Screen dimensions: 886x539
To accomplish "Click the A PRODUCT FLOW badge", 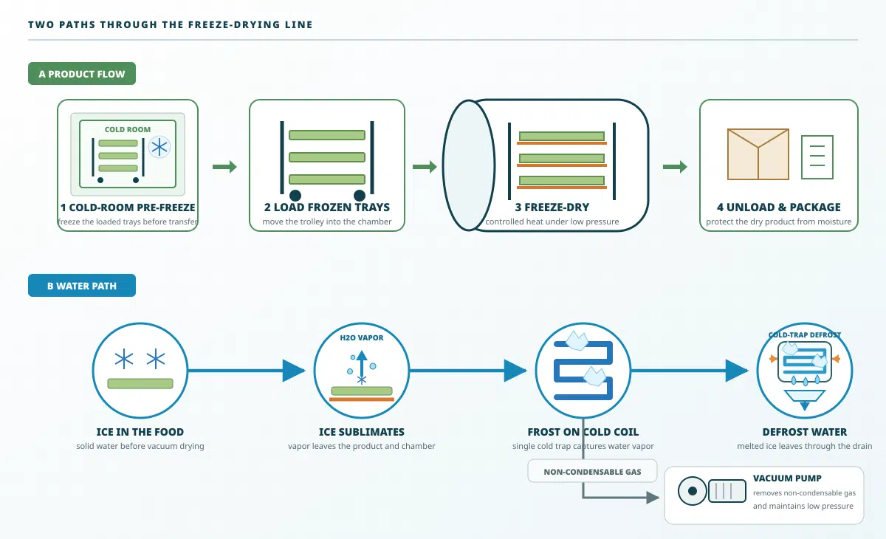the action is tap(82, 74).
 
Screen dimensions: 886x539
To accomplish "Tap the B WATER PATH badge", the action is tap(82, 286).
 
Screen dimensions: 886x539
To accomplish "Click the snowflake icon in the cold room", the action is tap(159, 148).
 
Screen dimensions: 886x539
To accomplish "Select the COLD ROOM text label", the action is tap(127, 129).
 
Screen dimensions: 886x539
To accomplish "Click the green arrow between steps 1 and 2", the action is tap(224, 166).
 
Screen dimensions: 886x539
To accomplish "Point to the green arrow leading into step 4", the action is tap(675, 166).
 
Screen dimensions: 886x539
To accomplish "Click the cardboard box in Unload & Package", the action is tap(758, 154).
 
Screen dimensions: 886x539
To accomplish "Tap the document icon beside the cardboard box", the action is tap(817, 157).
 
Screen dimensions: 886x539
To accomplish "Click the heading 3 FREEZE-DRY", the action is tap(552, 207).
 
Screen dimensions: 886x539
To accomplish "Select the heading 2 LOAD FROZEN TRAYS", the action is tap(326, 207).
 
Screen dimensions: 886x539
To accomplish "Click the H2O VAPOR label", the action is tap(362, 337).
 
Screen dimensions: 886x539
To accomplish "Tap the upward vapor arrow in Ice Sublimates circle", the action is tap(362, 364).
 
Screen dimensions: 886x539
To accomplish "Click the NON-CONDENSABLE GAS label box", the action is tap(592, 471).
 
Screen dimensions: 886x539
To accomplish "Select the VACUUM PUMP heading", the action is tap(787, 478).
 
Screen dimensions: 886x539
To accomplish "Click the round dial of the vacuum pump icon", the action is tap(693, 491).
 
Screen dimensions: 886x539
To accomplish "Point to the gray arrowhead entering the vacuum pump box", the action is tap(653, 497).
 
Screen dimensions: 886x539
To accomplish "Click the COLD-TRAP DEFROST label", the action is tap(805, 335).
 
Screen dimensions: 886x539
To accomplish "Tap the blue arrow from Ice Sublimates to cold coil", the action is tap(468, 371).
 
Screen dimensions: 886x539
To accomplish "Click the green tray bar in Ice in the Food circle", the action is tap(140, 383).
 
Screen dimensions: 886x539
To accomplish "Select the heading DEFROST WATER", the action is tap(805, 432).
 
